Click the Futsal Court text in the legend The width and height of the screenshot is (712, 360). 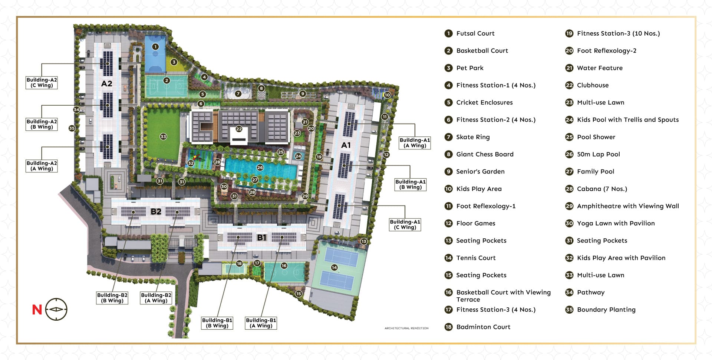coord(475,33)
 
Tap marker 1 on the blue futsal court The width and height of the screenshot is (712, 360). coord(155,47)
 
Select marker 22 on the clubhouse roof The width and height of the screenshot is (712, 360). coord(239,129)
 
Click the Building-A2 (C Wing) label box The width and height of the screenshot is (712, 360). coord(42,82)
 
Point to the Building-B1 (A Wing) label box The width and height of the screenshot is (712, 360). coord(261,323)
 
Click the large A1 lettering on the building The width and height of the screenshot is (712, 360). coord(346,145)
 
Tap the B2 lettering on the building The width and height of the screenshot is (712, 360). coord(156,212)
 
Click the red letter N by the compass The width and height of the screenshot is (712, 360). coord(37,310)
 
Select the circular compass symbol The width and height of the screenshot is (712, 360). coord(56,309)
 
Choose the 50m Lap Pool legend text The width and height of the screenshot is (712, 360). coord(598,154)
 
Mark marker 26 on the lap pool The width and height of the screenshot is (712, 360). coord(260,168)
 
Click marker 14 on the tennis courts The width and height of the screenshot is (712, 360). coord(334,267)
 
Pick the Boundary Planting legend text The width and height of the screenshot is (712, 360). coord(606,310)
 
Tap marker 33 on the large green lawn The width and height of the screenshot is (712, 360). coord(163,136)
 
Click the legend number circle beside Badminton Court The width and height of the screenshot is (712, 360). coord(448,327)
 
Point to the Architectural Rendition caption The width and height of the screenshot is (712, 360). coord(406,328)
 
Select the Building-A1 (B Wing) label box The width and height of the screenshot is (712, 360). coord(410,184)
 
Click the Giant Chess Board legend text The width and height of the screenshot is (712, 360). coord(485,154)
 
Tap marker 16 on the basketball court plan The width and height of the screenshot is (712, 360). coord(284,265)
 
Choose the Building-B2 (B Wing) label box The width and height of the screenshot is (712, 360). coord(112,298)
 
